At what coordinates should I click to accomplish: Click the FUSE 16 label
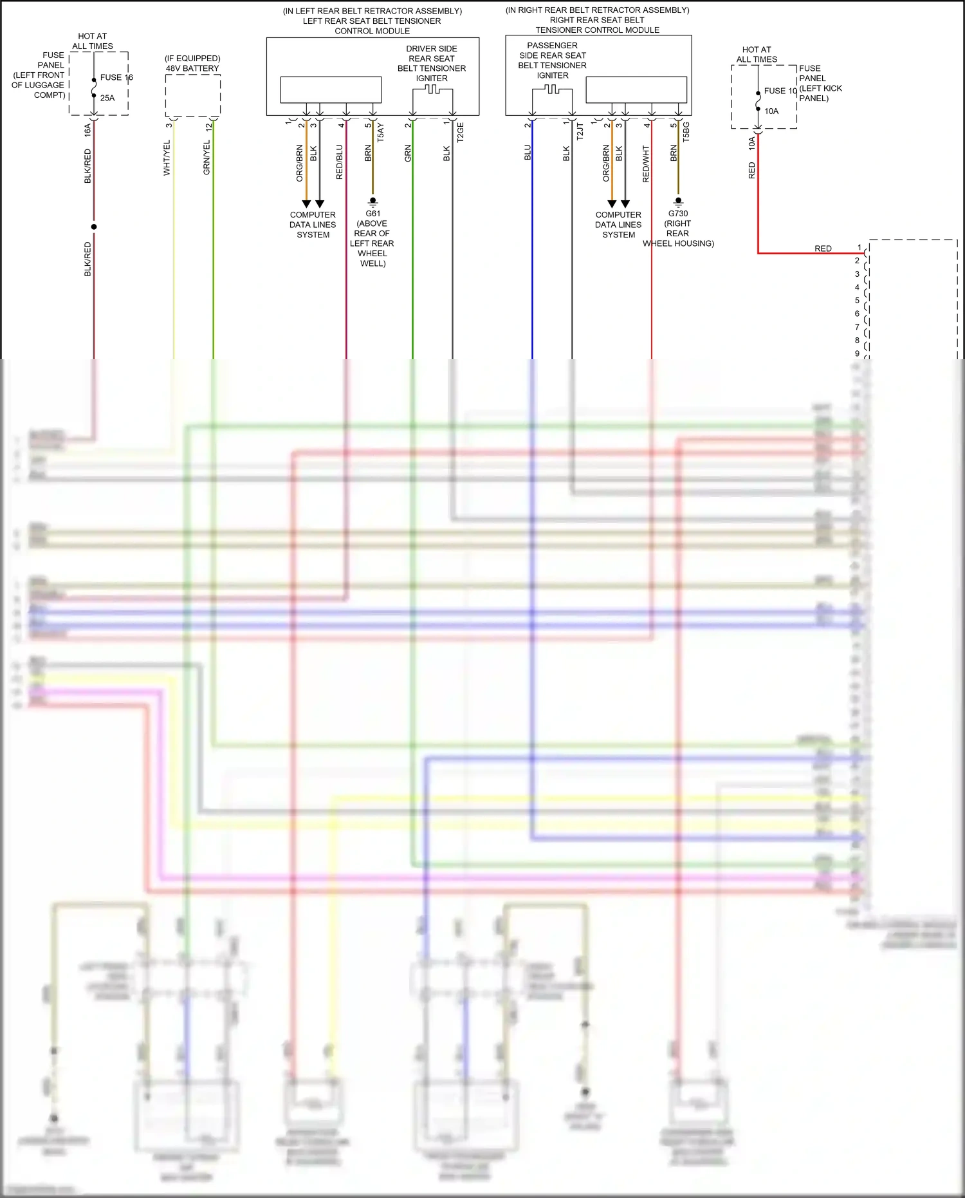[x=116, y=77]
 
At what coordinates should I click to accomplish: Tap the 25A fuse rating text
[x=107, y=98]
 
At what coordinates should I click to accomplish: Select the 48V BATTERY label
[x=192, y=68]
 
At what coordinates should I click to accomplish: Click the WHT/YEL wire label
[x=167, y=158]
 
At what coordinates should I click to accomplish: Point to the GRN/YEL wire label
[x=207, y=158]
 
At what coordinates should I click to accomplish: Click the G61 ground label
[x=372, y=214]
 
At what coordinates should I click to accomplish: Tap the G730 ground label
[x=678, y=214]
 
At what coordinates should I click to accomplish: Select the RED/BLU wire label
[x=340, y=162]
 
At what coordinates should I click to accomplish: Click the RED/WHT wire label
[x=646, y=164]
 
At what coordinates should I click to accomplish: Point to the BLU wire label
[x=528, y=153]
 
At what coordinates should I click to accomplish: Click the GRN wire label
[x=408, y=153]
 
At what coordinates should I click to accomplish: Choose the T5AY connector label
[x=380, y=132]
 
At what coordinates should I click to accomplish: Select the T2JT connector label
[x=580, y=132]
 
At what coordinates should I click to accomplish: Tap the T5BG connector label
[x=686, y=131]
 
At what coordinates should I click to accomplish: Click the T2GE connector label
[x=460, y=132]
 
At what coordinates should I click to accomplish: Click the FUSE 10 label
[x=780, y=91]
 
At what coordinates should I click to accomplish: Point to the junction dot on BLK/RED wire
[x=94, y=227]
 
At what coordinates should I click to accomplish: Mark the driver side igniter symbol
[x=432, y=90]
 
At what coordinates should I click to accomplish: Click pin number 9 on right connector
[x=857, y=353]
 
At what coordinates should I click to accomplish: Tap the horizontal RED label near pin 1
[x=823, y=248]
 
